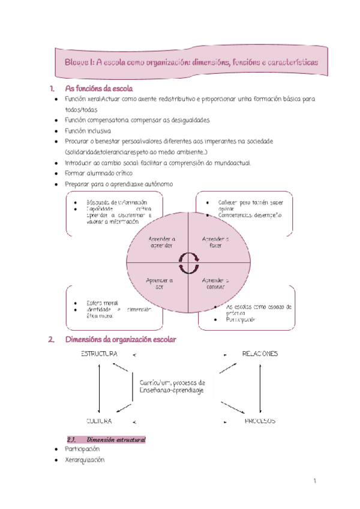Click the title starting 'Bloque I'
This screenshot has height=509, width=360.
191,62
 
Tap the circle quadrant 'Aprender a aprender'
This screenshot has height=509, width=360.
161,242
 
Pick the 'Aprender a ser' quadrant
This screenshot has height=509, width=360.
160,283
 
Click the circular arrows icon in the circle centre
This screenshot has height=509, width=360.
188,262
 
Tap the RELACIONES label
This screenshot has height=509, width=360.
260,354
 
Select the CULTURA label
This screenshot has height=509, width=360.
100,421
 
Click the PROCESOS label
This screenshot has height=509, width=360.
260,421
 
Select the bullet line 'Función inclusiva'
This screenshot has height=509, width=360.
89,130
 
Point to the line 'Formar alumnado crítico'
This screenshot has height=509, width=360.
98,173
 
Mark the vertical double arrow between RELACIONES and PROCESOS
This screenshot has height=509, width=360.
260,388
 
